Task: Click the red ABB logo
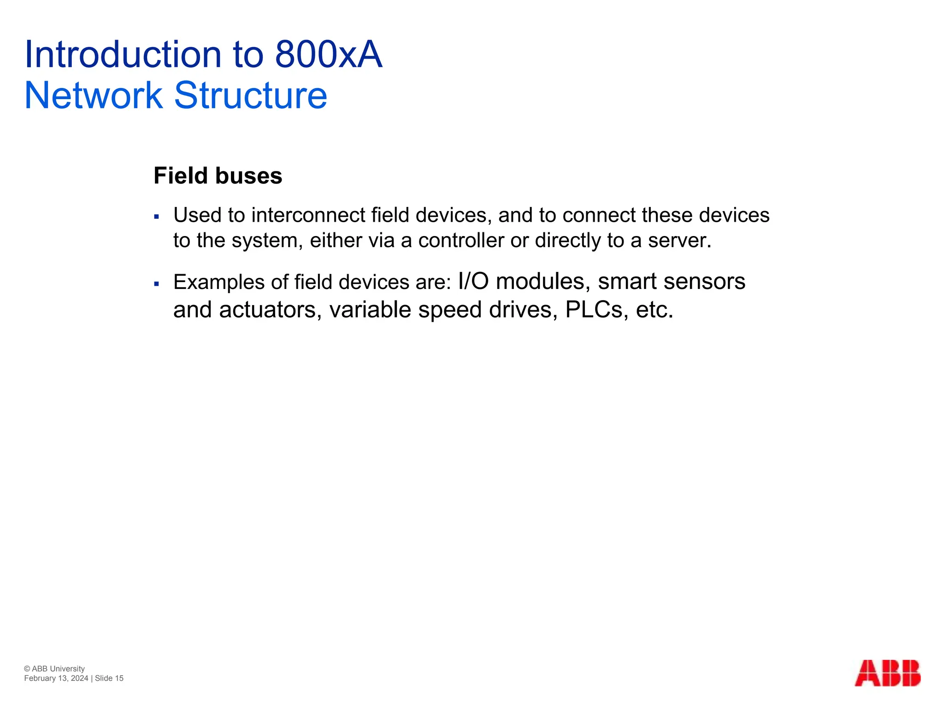pos(887,673)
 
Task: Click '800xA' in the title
pos(328,55)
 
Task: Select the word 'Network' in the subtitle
pos(94,95)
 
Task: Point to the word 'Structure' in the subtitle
pos(250,95)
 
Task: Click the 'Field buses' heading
pos(218,176)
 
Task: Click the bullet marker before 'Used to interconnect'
pos(157,216)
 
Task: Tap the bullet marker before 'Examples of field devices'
pos(157,283)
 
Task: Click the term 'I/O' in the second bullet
pos(473,281)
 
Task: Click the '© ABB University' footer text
pos(54,669)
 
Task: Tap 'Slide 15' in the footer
pos(109,678)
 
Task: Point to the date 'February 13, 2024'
pos(56,678)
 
